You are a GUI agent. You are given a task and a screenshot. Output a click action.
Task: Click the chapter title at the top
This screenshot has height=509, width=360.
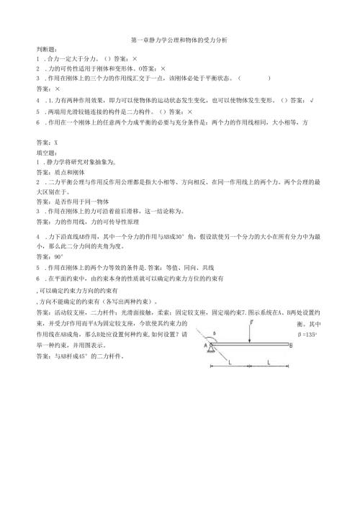pos(179,40)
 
